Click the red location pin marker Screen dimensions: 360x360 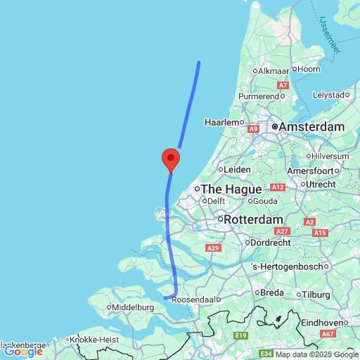tap(169, 160)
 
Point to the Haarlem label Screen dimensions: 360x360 tap(223, 122)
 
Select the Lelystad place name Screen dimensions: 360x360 tap(330, 94)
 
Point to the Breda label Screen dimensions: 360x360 tap(271, 292)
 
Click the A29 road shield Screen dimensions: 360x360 tap(214, 248)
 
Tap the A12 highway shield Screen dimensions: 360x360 tap(276, 187)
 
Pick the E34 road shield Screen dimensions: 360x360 tap(265, 353)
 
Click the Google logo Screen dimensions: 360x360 tap(23, 352)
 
